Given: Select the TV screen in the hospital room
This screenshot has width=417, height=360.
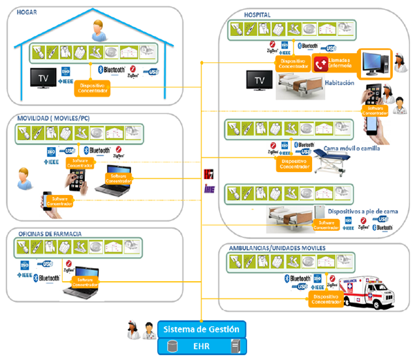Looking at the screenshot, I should click(260, 81).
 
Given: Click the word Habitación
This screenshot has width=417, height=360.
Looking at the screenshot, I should click(338, 83).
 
